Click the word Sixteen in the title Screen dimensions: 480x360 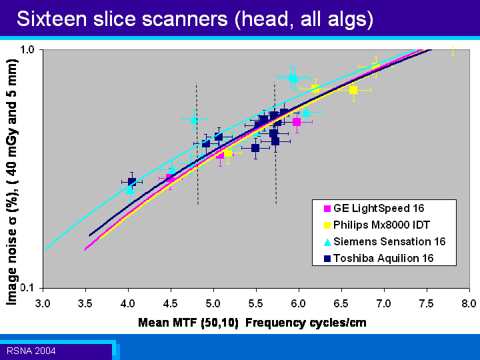52,19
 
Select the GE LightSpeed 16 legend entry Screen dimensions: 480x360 374,209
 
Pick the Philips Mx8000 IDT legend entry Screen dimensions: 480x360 377,225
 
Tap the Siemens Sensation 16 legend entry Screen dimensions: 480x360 385,241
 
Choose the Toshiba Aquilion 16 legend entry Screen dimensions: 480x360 379,258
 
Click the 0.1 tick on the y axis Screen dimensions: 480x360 27,288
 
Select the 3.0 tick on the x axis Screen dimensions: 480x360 43,303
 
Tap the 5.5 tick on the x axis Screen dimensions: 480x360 256,303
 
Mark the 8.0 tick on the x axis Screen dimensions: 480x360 469,303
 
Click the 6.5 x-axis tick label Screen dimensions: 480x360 341,303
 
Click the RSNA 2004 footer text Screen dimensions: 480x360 31,351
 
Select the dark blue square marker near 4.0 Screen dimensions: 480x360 131,182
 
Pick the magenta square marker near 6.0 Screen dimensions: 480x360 296,122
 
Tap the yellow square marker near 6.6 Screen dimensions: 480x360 353,90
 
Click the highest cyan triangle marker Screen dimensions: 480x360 293,77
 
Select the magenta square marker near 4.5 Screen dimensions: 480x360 170,178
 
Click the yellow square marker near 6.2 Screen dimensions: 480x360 315,89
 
